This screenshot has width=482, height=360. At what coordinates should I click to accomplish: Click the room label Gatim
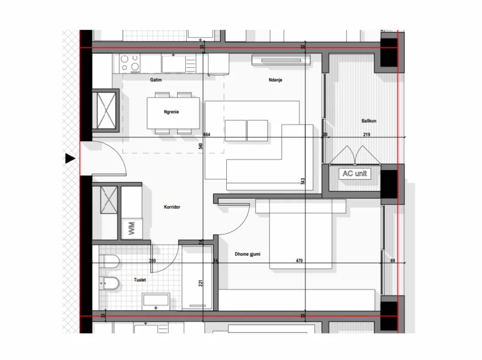coord(155,80)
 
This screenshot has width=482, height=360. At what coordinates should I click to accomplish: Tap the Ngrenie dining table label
coord(173,112)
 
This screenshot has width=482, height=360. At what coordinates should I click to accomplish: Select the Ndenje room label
coord(276,80)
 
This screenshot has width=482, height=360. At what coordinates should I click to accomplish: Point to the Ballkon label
coord(369,121)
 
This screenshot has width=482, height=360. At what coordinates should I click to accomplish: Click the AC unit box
coord(355,174)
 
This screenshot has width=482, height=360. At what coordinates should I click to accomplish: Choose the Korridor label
coord(172,207)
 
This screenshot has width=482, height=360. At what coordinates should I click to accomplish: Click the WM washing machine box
coord(131,228)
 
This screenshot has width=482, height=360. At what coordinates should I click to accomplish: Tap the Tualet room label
coord(141,280)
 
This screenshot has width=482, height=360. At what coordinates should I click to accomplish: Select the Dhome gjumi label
coord(248,254)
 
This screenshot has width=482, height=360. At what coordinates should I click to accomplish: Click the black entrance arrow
coord(70,159)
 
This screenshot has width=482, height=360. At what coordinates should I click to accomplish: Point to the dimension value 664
coord(206,135)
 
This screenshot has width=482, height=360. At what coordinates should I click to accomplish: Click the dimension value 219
coord(366,135)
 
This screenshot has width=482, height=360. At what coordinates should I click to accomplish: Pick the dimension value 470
coord(299,261)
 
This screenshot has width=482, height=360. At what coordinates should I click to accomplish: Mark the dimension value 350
coord(152,261)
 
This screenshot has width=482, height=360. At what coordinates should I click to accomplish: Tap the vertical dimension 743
coord(303,182)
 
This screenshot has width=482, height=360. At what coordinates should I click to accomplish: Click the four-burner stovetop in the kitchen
coord(130,63)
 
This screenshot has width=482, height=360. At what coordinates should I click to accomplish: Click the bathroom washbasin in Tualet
coord(156,301)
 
